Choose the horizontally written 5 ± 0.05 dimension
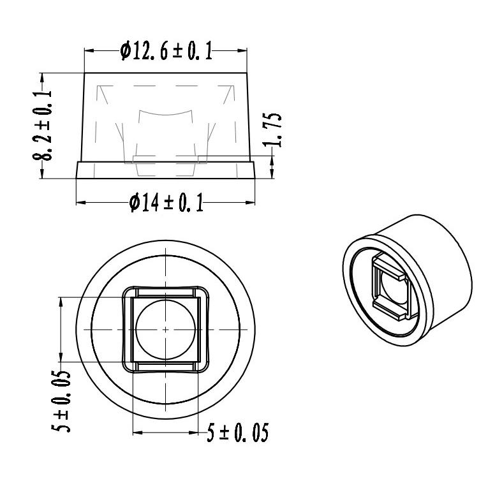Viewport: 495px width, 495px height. tap(237, 434)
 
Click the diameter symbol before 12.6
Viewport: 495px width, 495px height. tap(126, 51)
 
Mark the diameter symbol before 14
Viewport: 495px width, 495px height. tap(135, 203)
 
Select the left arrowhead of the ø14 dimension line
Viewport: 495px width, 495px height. tap(80, 203)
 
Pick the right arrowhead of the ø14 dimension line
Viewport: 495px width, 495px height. tap(252, 203)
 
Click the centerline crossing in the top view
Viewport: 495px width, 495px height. tap(165, 329)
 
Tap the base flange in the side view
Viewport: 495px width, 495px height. tap(166, 170)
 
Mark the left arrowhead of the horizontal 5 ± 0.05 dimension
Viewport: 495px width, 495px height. tap(137, 433)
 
